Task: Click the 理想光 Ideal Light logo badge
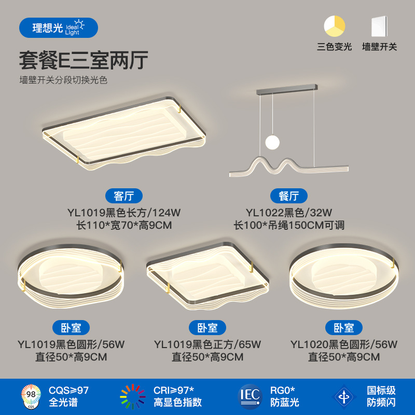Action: click(58, 27)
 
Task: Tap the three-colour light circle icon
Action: click(335, 26)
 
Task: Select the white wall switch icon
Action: click(379, 26)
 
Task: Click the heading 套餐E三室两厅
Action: click(84, 61)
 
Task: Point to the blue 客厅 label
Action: click(123, 196)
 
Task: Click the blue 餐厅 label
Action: click(289, 196)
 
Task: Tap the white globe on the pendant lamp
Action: click(271, 142)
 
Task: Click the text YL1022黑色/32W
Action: click(289, 212)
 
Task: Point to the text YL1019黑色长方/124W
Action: click(123, 212)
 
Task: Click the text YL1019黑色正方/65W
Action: click(208, 344)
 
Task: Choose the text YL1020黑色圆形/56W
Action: click(344, 344)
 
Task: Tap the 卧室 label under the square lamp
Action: click(208, 328)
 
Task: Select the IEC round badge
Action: click(250, 396)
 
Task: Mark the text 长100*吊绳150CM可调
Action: click(289, 225)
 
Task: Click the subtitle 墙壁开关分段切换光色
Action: click(63, 80)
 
